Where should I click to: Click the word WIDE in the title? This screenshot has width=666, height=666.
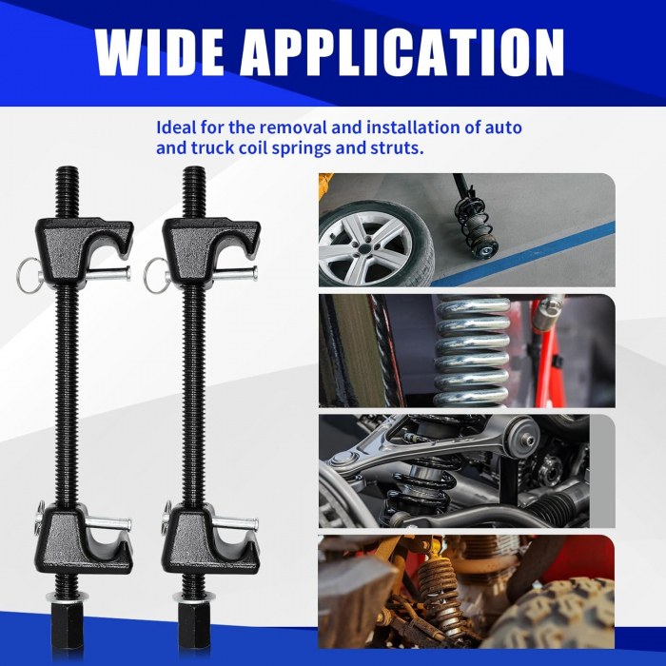point(159,52)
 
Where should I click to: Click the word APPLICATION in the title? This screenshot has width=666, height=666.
point(402,52)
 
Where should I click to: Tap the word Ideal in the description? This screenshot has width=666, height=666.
point(176,127)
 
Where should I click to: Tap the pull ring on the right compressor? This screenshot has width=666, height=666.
point(156,276)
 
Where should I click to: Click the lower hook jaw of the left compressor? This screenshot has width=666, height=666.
point(84,539)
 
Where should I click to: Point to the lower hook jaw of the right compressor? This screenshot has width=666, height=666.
point(210,539)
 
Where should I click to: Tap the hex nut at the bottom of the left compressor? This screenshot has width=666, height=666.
point(68,625)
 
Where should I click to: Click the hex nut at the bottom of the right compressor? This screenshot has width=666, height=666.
point(194,625)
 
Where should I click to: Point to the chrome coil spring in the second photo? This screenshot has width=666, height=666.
point(472,351)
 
